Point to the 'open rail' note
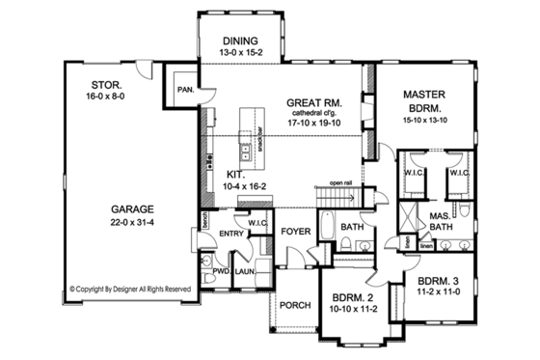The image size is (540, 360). [342, 180]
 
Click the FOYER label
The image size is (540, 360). [295, 233]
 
